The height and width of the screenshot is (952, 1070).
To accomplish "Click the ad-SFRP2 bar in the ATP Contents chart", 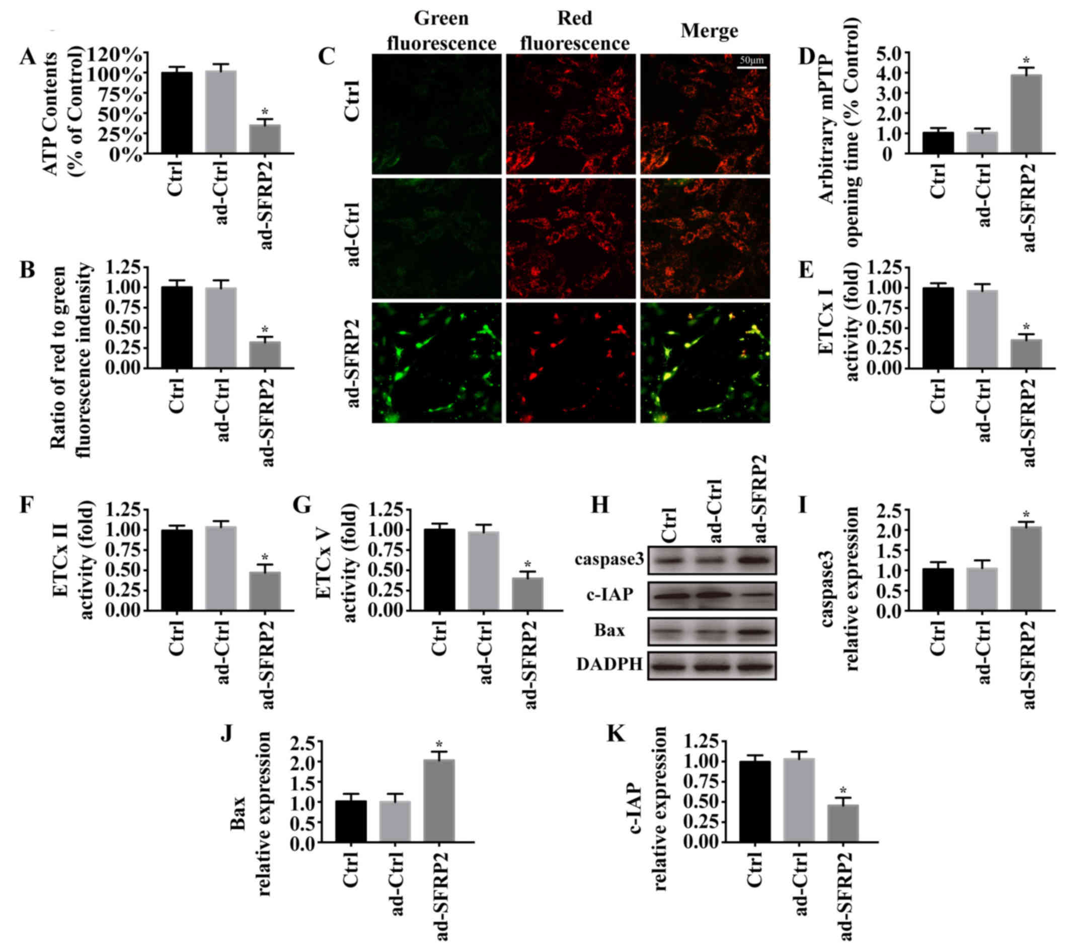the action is tap(264, 139).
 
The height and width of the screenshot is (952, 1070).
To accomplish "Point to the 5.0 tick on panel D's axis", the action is tap(883, 53).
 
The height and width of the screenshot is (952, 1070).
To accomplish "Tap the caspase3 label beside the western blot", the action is tap(609, 560).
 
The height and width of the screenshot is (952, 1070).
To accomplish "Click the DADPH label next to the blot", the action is tap(609, 665).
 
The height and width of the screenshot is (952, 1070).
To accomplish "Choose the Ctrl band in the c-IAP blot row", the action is tap(671, 596).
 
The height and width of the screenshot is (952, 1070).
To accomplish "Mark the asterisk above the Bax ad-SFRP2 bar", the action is tap(439, 745).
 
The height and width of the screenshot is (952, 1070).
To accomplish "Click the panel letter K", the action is tap(616, 735).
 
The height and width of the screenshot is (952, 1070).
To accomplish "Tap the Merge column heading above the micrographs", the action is tap(709, 31).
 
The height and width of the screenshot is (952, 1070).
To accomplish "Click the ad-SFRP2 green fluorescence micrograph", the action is tap(436, 363).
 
